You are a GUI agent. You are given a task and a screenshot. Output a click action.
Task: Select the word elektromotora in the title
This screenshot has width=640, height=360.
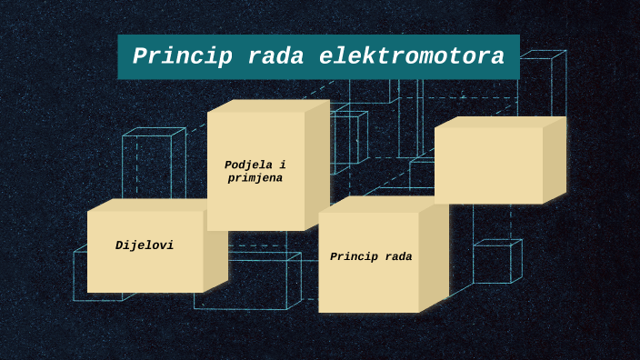click(412, 57)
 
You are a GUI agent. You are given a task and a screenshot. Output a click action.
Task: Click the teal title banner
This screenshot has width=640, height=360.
click(318, 42)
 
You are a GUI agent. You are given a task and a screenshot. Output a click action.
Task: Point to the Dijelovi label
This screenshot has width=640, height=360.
click(145, 245)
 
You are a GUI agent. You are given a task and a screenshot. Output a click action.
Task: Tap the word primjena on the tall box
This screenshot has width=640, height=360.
click(255, 178)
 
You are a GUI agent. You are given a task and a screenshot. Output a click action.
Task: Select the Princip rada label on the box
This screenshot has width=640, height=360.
click(371, 257)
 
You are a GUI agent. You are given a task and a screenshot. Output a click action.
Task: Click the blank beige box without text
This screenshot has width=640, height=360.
click(488, 165)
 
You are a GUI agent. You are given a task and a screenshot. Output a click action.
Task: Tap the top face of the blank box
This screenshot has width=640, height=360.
click(500, 122)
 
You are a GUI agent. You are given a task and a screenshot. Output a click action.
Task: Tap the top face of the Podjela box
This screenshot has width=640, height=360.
click(268, 105)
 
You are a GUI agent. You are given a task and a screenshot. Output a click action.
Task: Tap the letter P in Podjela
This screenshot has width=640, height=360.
click(228, 165)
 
